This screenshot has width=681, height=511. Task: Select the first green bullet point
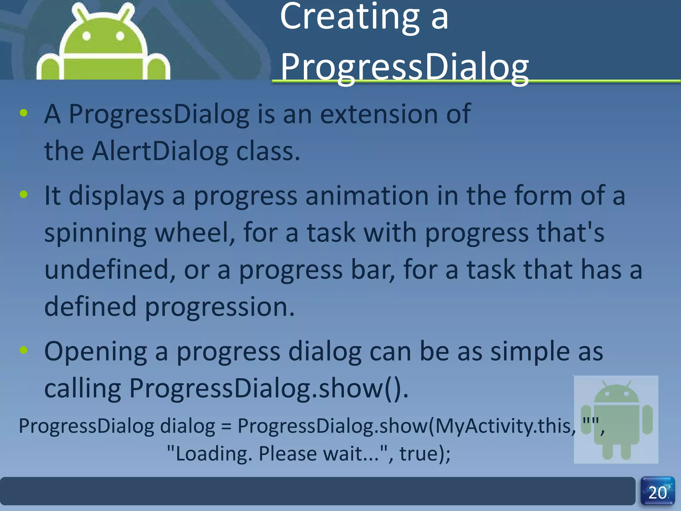point(24,113)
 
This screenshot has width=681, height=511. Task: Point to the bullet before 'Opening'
point(24,350)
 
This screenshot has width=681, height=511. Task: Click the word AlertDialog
point(160,151)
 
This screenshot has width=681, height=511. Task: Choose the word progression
point(219,306)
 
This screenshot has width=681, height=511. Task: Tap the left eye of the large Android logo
point(86,36)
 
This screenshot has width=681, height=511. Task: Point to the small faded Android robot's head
point(616,394)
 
